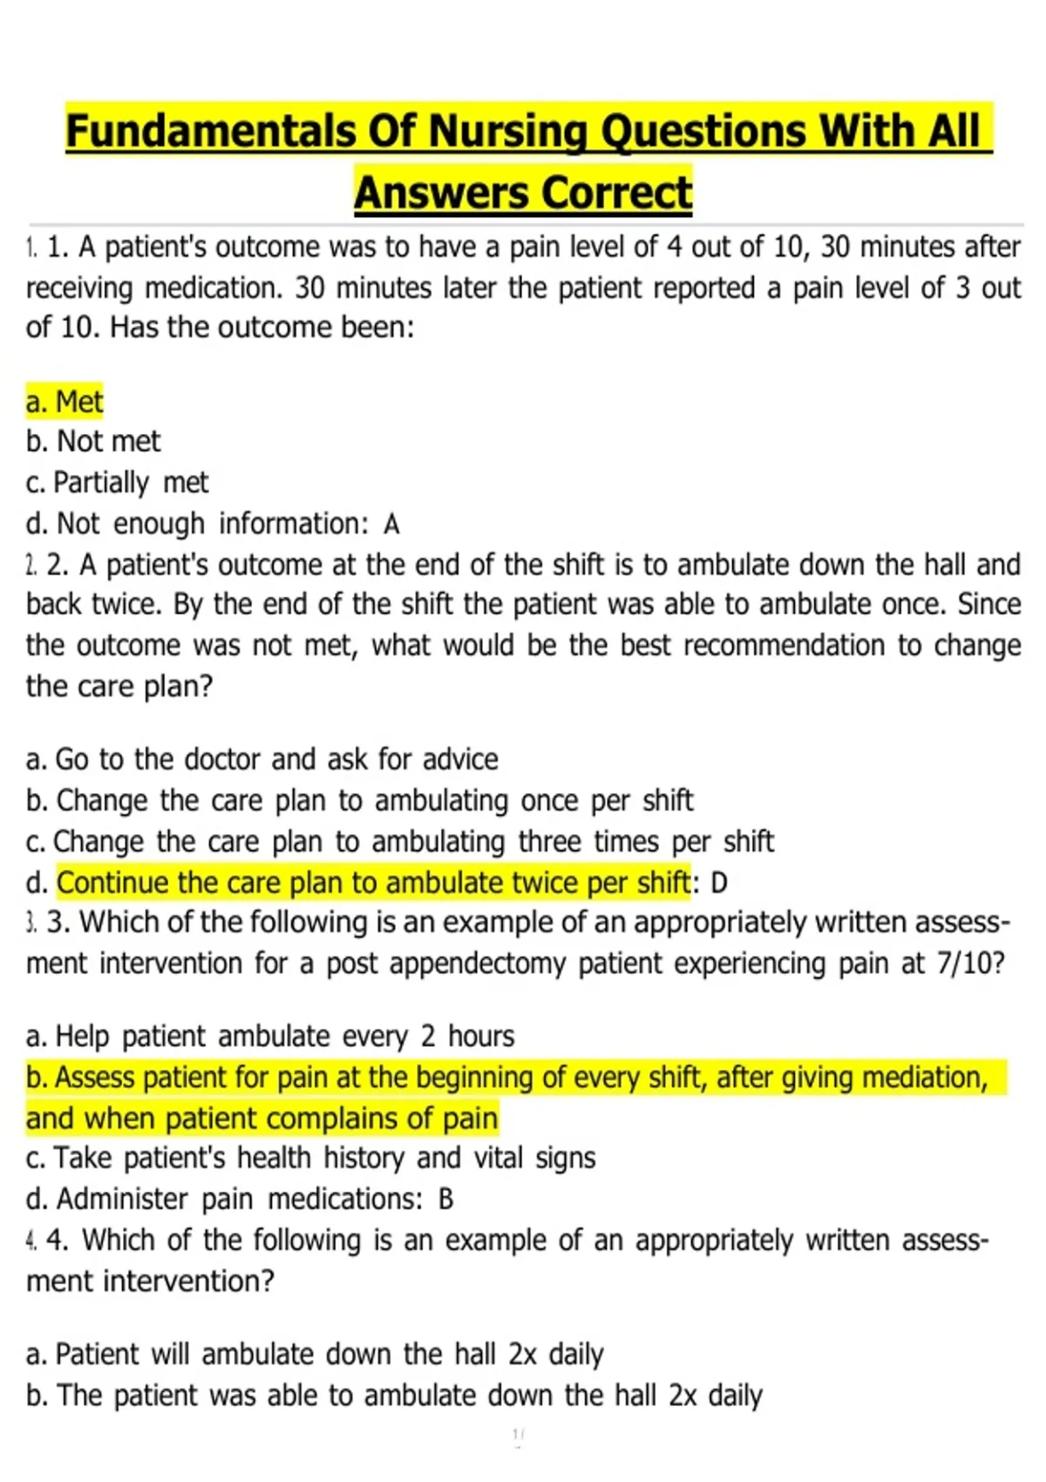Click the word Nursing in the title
[508, 133]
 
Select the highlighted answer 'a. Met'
[65, 402]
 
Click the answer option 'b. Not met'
[93, 442]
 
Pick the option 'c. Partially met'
[118, 482]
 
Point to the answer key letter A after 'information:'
[391, 525]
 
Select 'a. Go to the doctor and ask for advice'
[262, 759]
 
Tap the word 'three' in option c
[549, 841]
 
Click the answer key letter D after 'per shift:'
[719, 884]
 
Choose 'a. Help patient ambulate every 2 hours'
[270, 1037]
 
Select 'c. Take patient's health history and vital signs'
[311, 1159]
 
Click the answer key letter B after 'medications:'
[445, 1200]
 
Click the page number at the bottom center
[518, 1433]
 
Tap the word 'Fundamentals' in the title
[210, 133]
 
